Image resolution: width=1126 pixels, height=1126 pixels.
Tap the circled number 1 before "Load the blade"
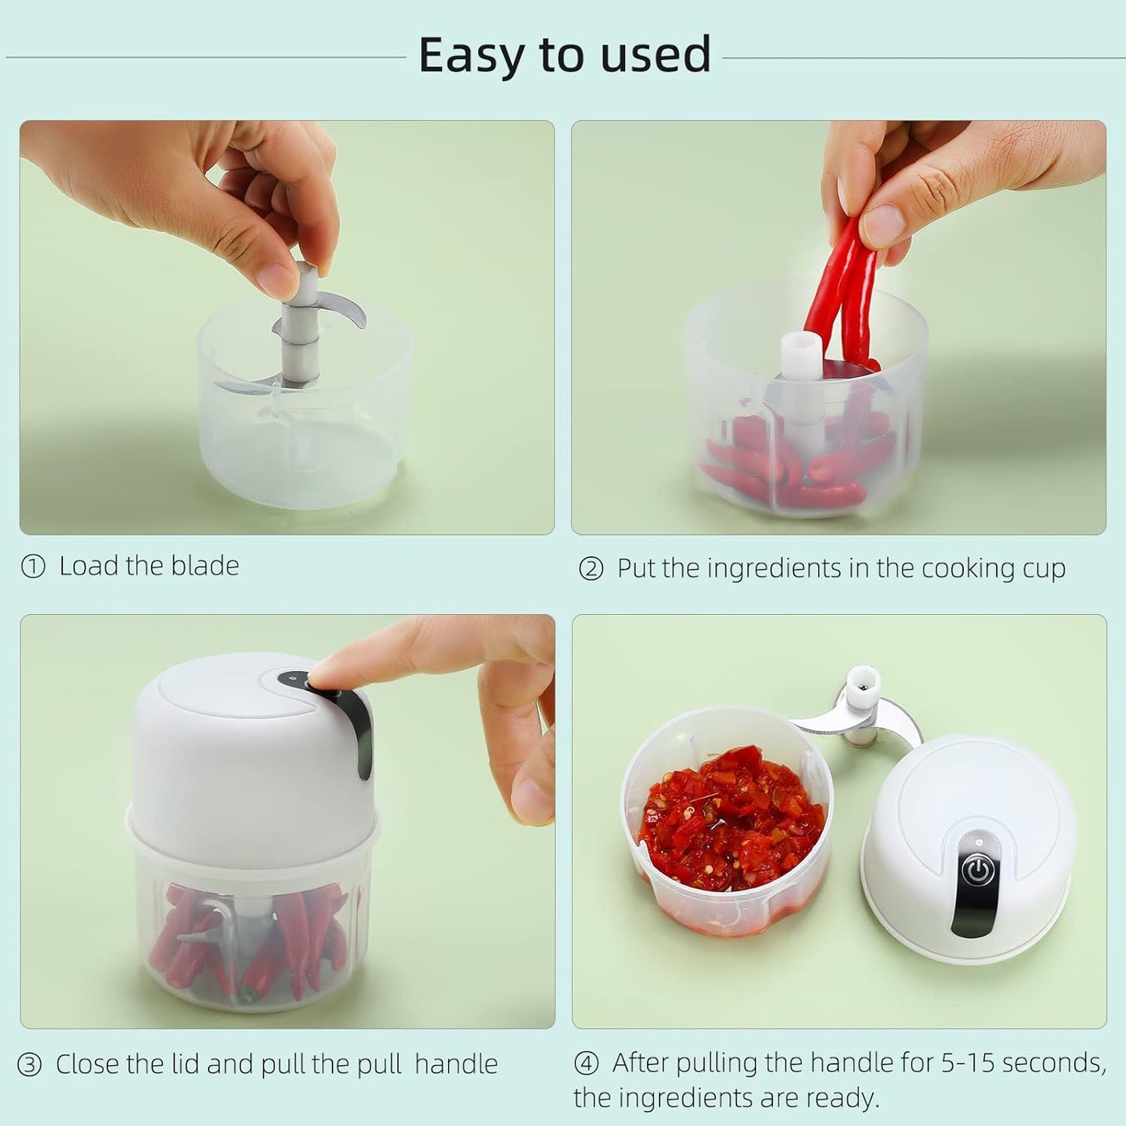click(33, 567)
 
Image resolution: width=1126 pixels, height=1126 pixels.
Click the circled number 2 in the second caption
click(591, 570)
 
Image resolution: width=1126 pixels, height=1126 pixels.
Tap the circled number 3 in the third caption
click(30, 1064)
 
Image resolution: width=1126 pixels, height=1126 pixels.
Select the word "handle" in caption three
click(456, 1064)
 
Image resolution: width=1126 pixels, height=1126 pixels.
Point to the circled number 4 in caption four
click(586, 1063)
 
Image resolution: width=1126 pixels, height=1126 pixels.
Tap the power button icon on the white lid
click(977, 870)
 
